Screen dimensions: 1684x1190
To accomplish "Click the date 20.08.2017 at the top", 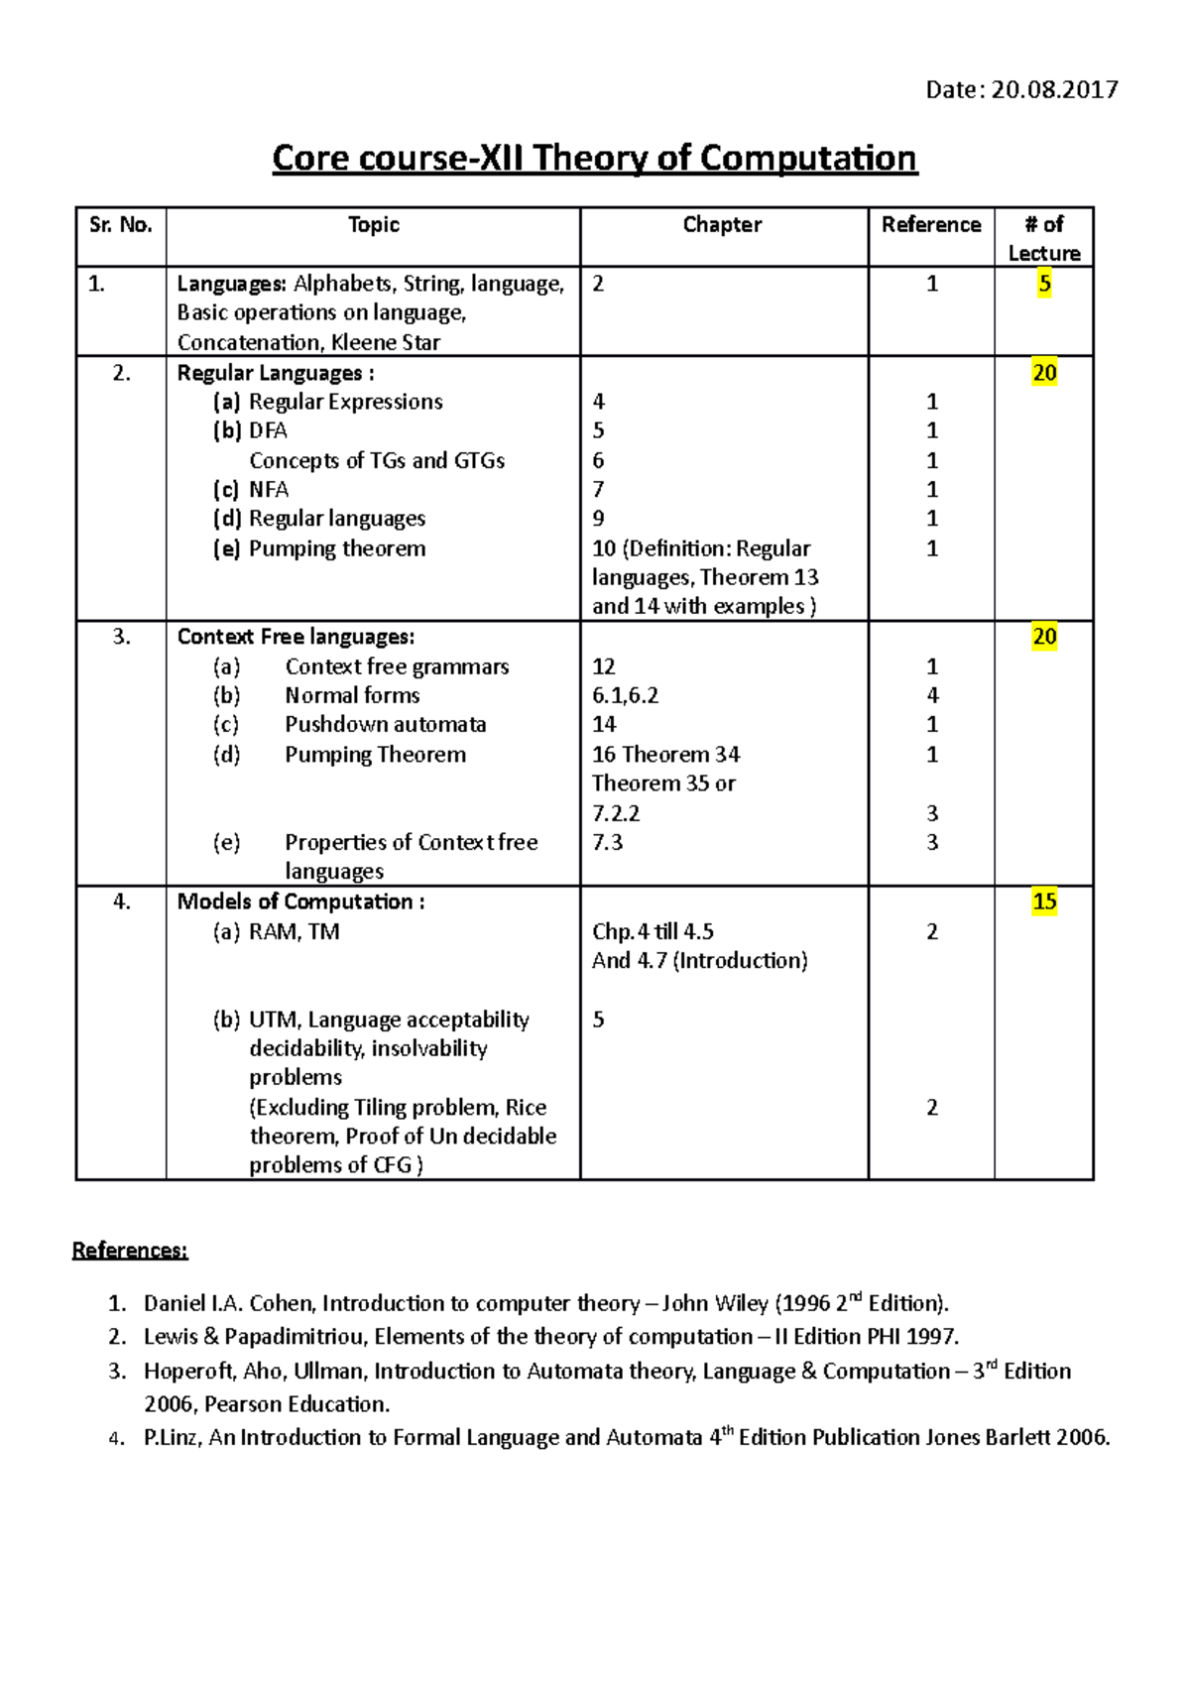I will [1054, 90].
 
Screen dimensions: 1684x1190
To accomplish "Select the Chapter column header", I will [722, 225].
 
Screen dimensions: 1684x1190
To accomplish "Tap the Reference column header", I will [930, 225].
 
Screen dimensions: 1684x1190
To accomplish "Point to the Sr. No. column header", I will [120, 225].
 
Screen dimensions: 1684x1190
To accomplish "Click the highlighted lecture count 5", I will [1043, 284].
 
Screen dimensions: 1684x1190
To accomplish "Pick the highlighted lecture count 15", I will [1043, 902].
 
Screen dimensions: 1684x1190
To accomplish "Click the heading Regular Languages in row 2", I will [270, 374].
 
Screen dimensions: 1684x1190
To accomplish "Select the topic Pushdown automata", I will [385, 725].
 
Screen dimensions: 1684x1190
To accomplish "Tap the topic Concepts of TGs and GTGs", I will [377, 461].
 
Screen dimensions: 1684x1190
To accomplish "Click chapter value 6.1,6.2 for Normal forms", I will [625, 696].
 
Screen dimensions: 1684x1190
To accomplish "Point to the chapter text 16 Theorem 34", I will [665, 755].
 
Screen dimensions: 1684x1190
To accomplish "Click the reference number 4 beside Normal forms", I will [932, 696].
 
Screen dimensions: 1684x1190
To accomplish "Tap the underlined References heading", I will [129, 1251].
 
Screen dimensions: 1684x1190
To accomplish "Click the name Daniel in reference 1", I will [175, 1304].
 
